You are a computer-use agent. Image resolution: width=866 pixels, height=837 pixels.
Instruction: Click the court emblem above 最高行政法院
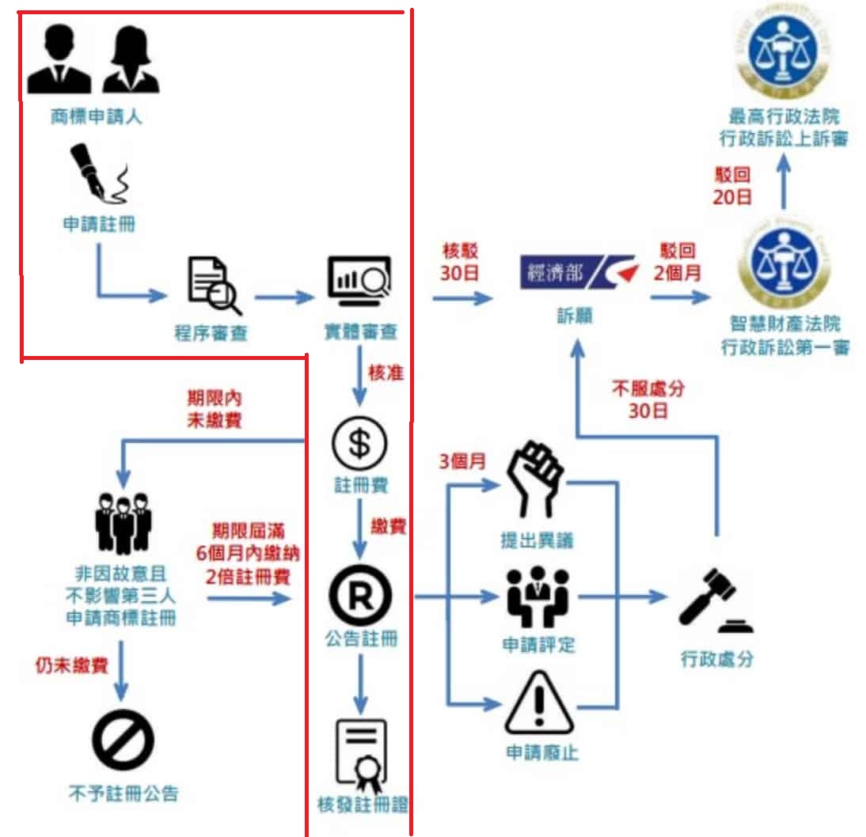coord(783,53)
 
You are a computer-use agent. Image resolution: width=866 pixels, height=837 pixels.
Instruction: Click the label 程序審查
coord(211,332)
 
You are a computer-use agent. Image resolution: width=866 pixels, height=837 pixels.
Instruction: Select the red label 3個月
coord(462,460)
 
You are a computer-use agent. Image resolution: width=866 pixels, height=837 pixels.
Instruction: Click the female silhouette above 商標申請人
coord(131,60)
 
